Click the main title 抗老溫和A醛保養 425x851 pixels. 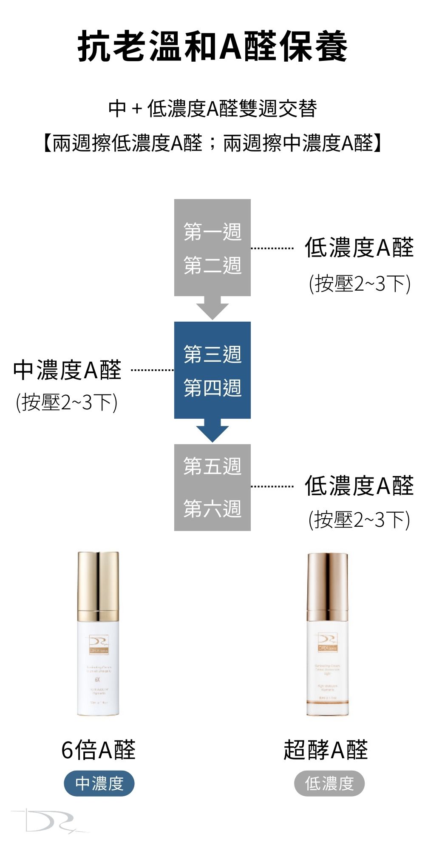point(212,46)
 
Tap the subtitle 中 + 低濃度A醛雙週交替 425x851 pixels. point(212,109)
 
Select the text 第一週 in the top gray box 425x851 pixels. point(212,232)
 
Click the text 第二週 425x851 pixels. point(212,266)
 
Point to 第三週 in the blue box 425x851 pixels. point(212,354)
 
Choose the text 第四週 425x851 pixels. point(212,388)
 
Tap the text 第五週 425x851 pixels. point(212,466)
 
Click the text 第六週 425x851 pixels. point(212,508)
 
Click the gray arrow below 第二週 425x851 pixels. point(212,308)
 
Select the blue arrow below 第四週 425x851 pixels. point(212,431)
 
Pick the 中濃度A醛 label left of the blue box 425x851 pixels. point(67,370)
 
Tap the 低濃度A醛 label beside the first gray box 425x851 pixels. point(359,248)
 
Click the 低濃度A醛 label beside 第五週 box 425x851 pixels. point(359,486)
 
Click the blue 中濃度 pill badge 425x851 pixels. point(99,783)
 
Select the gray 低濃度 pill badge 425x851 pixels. point(329,783)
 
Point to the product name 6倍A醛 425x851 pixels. point(99,750)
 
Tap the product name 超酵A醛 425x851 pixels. point(326,750)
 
